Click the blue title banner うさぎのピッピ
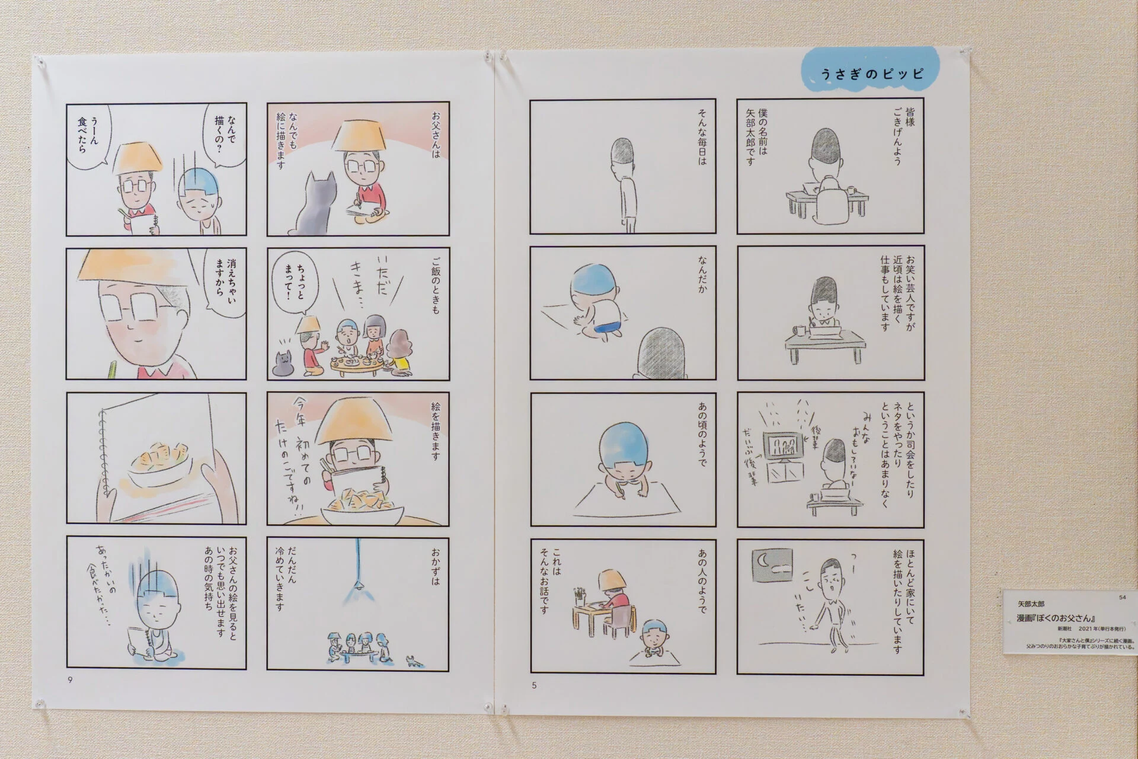coord(871,74)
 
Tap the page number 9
coord(71,680)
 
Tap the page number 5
coord(534,685)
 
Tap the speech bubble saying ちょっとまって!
coord(294,285)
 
